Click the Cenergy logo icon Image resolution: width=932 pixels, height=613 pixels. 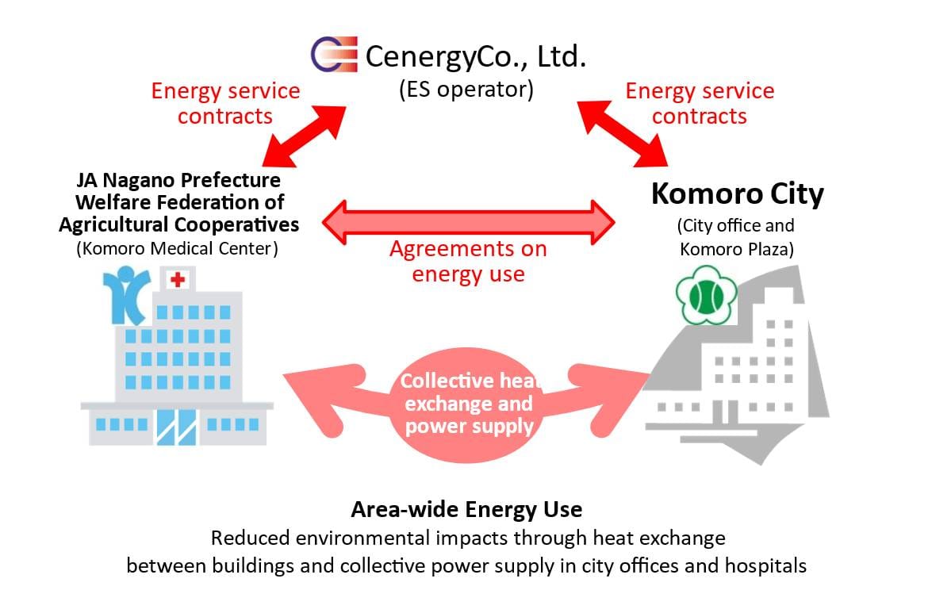click(334, 55)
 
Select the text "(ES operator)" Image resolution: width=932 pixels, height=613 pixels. click(466, 88)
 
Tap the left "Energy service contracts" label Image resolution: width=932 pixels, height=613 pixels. click(225, 103)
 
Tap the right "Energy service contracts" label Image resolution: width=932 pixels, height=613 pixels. click(700, 103)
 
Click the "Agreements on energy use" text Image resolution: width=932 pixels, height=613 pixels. click(468, 261)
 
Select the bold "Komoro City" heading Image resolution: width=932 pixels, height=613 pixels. click(737, 193)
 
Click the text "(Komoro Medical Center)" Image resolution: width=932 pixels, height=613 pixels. click(178, 248)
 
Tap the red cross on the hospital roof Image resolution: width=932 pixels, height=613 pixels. click(178, 279)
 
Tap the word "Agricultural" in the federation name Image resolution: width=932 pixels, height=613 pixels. click(120, 224)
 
